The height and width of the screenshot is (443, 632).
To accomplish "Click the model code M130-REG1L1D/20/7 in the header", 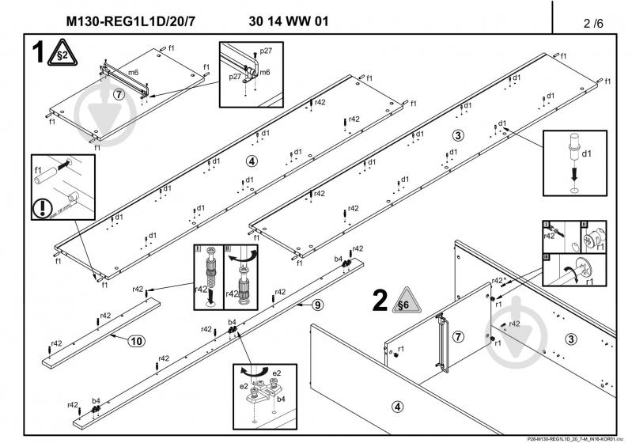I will [130, 21].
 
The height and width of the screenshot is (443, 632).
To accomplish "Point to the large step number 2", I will [380, 301].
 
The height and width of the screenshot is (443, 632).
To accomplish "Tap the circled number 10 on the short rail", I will [137, 341].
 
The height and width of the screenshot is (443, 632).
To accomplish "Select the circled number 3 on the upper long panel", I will [457, 134].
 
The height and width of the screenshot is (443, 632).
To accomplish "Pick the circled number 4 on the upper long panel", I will [252, 161].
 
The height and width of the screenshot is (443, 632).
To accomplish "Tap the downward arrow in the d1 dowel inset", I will [575, 173].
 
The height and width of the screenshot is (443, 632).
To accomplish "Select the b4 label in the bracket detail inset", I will [281, 399].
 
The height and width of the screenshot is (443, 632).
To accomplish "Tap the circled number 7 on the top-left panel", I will [119, 94].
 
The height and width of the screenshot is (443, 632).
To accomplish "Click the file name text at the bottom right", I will [569, 437].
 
